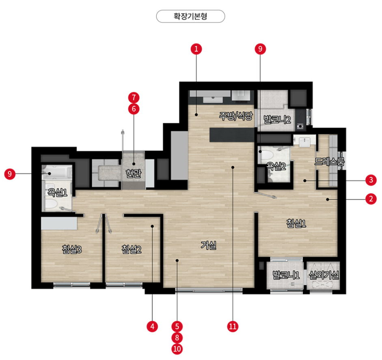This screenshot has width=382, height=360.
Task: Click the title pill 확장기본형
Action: pos(190,16)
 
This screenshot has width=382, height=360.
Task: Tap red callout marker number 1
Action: pos(196,49)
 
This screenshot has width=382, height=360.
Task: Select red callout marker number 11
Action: pos(233,326)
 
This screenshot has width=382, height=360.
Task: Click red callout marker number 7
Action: pos(134,98)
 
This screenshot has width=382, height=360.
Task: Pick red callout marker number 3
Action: pos(371,180)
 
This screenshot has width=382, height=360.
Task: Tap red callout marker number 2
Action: pos(371,199)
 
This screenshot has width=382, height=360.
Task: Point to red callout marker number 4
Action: pos(152,326)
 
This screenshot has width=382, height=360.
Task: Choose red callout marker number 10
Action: pos(177,349)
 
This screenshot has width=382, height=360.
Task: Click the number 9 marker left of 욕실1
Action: pos(10,174)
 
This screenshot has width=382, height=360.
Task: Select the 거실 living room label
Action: pos(209,245)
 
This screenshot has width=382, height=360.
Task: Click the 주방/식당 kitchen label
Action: pos(236,116)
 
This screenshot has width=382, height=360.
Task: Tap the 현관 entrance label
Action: pos(134,173)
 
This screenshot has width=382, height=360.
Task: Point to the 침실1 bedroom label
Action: pos(296,223)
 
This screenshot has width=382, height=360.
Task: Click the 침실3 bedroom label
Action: pos(72,249)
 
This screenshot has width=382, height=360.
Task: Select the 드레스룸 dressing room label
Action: pos(330,161)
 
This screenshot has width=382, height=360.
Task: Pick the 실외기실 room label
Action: pos(324,275)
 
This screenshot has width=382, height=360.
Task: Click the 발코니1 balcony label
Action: pos(286,275)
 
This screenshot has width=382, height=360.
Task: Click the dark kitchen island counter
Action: pos(232,135)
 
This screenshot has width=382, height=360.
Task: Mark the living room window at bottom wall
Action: pos(209,290)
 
